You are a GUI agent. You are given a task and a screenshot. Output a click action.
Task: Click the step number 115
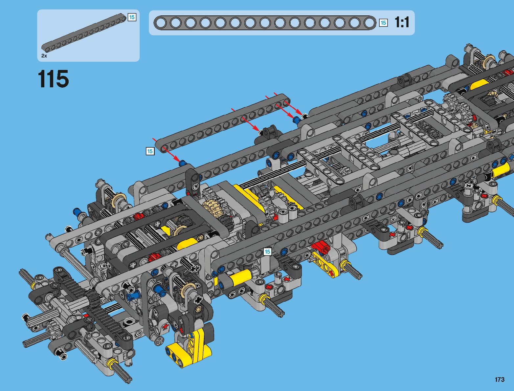click(x=54, y=79)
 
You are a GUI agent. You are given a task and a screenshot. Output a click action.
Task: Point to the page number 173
click(x=500, y=379)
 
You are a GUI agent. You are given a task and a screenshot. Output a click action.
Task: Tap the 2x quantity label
click(x=44, y=56)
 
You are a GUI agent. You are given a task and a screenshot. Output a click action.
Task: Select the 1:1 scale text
click(x=402, y=22)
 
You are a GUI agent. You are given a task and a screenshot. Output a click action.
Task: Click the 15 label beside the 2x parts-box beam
click(x=132, y=17)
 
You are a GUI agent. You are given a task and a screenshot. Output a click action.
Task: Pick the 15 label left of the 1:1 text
click(x=383, y=23)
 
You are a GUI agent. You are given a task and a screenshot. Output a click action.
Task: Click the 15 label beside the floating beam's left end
click(x=150, y=151)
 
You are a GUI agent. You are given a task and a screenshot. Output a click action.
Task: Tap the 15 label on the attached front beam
click(x=267, y=252)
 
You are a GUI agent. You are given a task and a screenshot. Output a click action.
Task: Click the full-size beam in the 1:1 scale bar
click(x=265, y=23)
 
